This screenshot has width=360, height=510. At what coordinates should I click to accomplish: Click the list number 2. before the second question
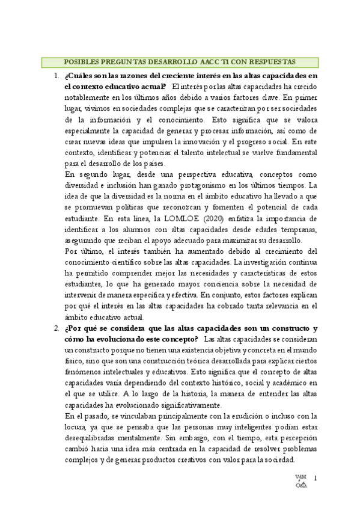[55, 328]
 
